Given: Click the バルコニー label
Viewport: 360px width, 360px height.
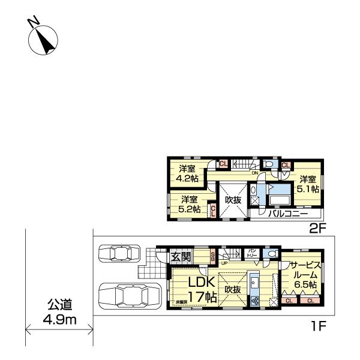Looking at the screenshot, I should pos(288,214).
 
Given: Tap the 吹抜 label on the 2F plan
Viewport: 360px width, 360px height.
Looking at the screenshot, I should pos(233,199).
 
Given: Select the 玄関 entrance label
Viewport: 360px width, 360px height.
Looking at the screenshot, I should pos(182,257).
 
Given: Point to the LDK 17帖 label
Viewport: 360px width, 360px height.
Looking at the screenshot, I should pos(194,289).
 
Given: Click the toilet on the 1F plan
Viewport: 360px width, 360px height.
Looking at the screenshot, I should pos(273,254).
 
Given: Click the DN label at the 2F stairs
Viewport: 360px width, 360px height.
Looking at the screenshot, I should pos(255,174).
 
